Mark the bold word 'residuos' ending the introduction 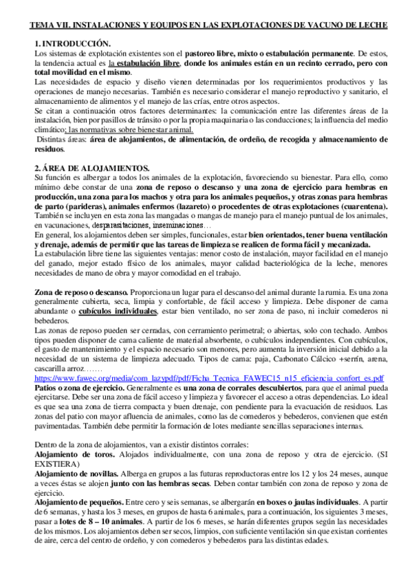pyautogui.click(x=50, y=148)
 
